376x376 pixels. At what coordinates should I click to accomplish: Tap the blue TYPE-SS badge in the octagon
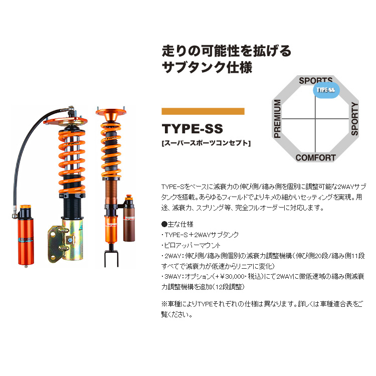325,90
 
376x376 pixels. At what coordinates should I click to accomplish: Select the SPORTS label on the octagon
315,80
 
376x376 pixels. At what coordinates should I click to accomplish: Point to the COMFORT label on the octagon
315,157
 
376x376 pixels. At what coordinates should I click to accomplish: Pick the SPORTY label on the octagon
354,119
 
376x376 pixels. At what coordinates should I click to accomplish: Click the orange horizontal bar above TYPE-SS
203,111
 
